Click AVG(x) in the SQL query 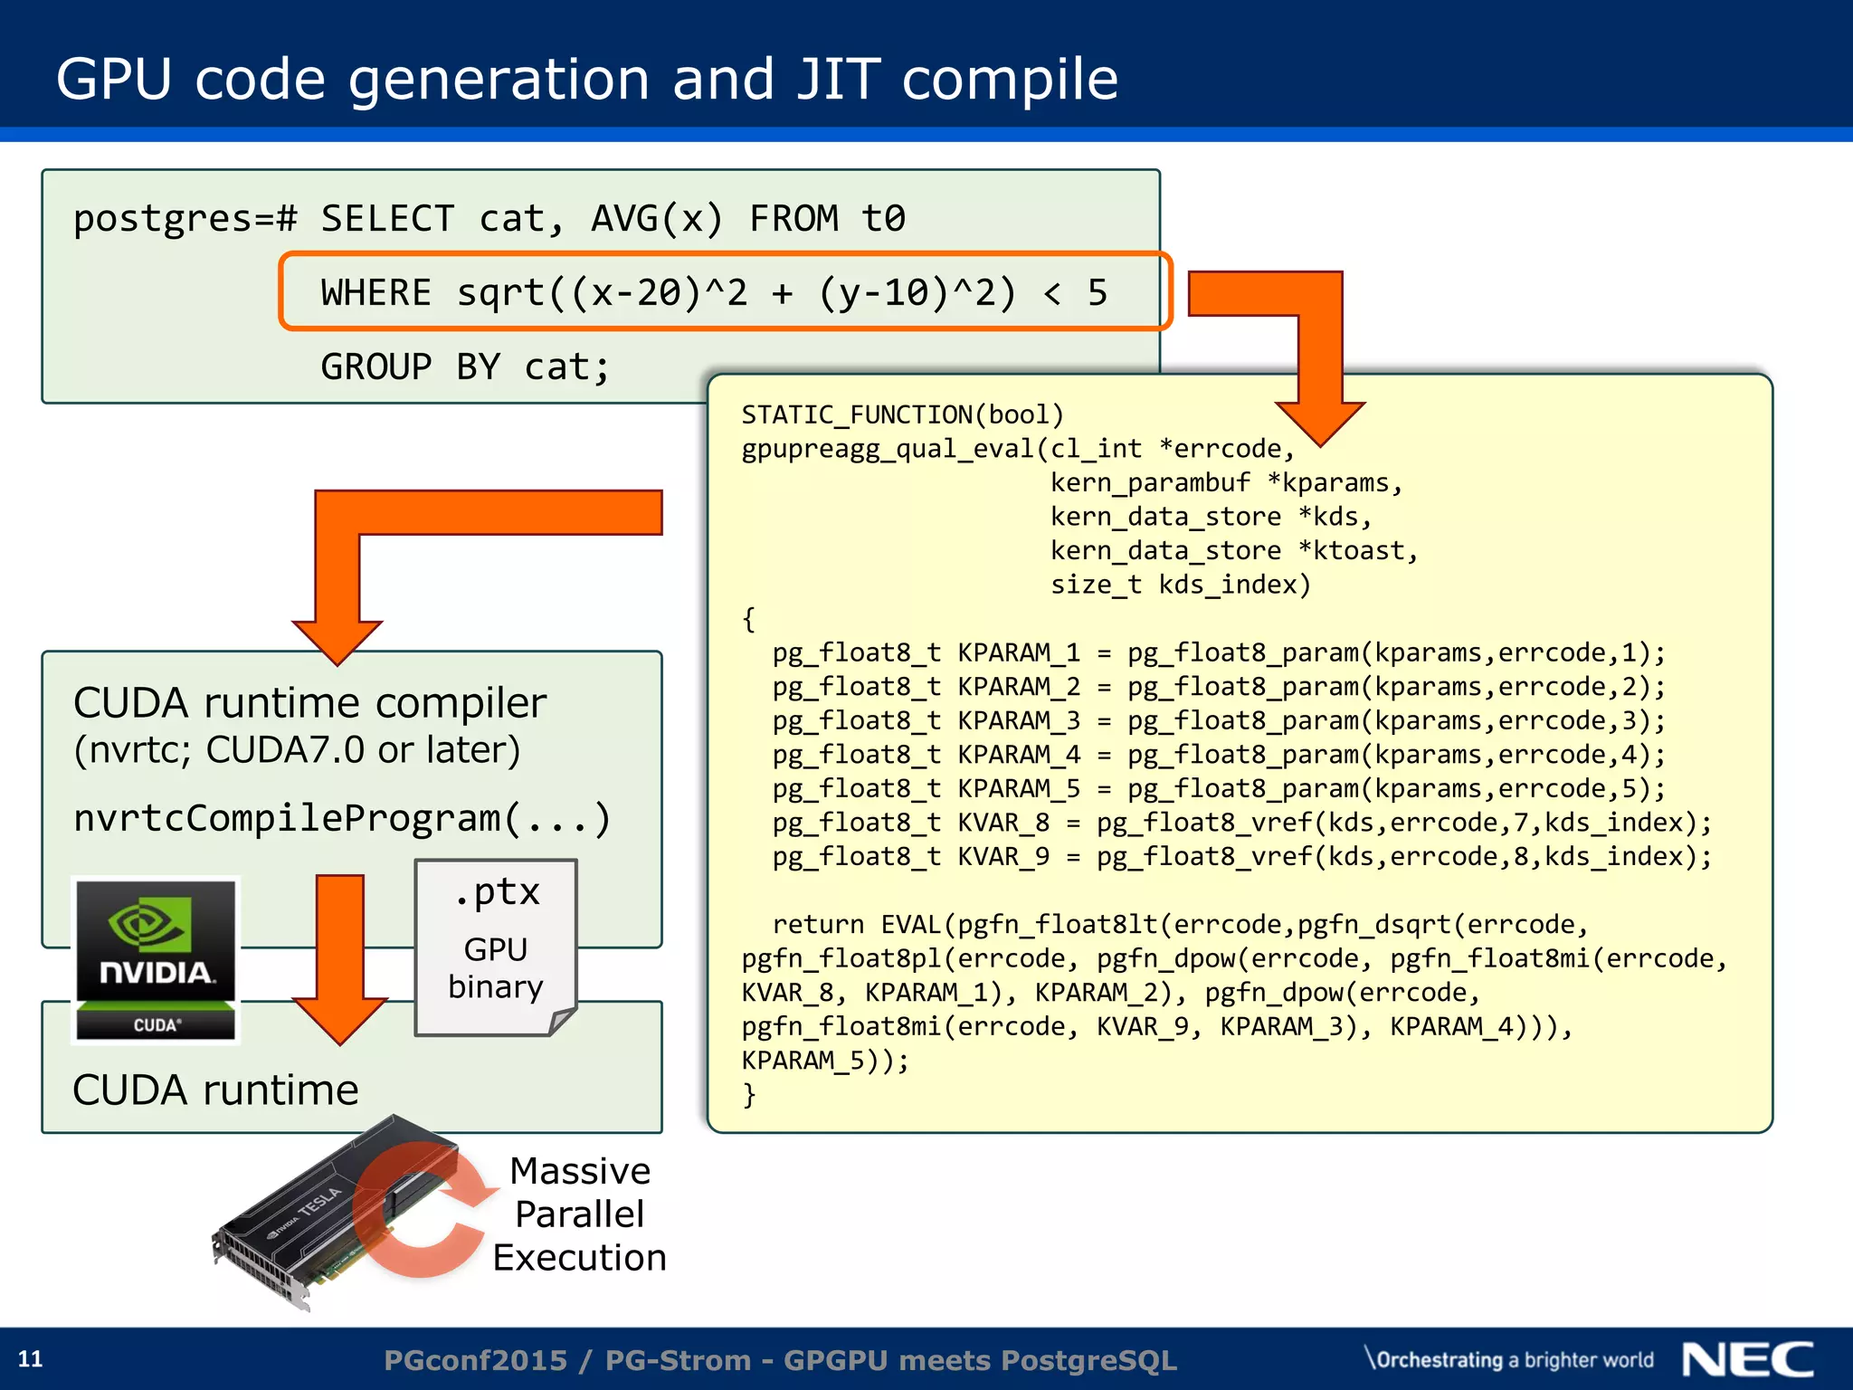(657, 219)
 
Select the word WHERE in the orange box (376, 293)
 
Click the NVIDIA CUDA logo (156, 960)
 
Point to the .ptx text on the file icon (497, 892)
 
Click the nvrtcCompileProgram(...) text (342, 818)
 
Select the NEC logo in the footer (1747, 1359)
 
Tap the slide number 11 (30, 1359)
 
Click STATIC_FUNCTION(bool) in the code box (902, 415)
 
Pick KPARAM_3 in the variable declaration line (1019, 721)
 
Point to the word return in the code (818, 925)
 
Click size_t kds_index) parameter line (1180, 586)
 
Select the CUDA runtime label (215, 1090)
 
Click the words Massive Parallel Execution (580, 1214)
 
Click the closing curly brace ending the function (749, 1095)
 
